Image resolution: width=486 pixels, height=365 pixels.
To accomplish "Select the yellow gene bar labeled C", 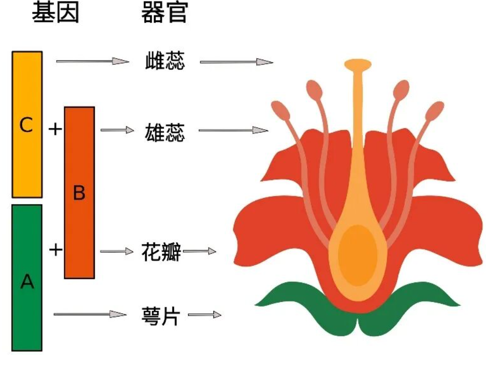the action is [27, 124].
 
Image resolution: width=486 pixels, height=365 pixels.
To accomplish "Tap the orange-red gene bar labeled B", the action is [79, 193].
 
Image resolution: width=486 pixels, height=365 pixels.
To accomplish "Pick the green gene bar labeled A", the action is [27, 278].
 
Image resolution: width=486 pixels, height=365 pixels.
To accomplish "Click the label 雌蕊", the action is [165, 61].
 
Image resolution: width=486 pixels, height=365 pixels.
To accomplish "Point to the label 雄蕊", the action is [165, 132].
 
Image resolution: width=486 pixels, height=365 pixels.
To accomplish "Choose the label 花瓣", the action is [161, 251].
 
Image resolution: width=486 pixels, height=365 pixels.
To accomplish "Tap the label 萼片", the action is [161, 316].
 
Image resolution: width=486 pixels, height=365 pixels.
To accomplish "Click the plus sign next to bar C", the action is [55, 129].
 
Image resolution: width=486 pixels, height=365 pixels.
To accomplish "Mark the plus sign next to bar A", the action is [56, 250].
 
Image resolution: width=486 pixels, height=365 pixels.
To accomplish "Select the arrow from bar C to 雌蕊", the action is [92, 61].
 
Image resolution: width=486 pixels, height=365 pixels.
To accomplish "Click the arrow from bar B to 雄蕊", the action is [117, 130].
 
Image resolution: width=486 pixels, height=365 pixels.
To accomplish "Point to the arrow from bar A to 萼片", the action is [90, 314].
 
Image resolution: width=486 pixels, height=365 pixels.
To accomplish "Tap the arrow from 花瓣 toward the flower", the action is [200, 251].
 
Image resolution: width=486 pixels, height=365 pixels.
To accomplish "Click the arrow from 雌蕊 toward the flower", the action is [236, 62].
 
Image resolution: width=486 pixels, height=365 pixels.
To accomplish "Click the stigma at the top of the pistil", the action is [357, 65].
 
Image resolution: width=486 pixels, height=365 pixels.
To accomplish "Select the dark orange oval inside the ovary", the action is [357, 255].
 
